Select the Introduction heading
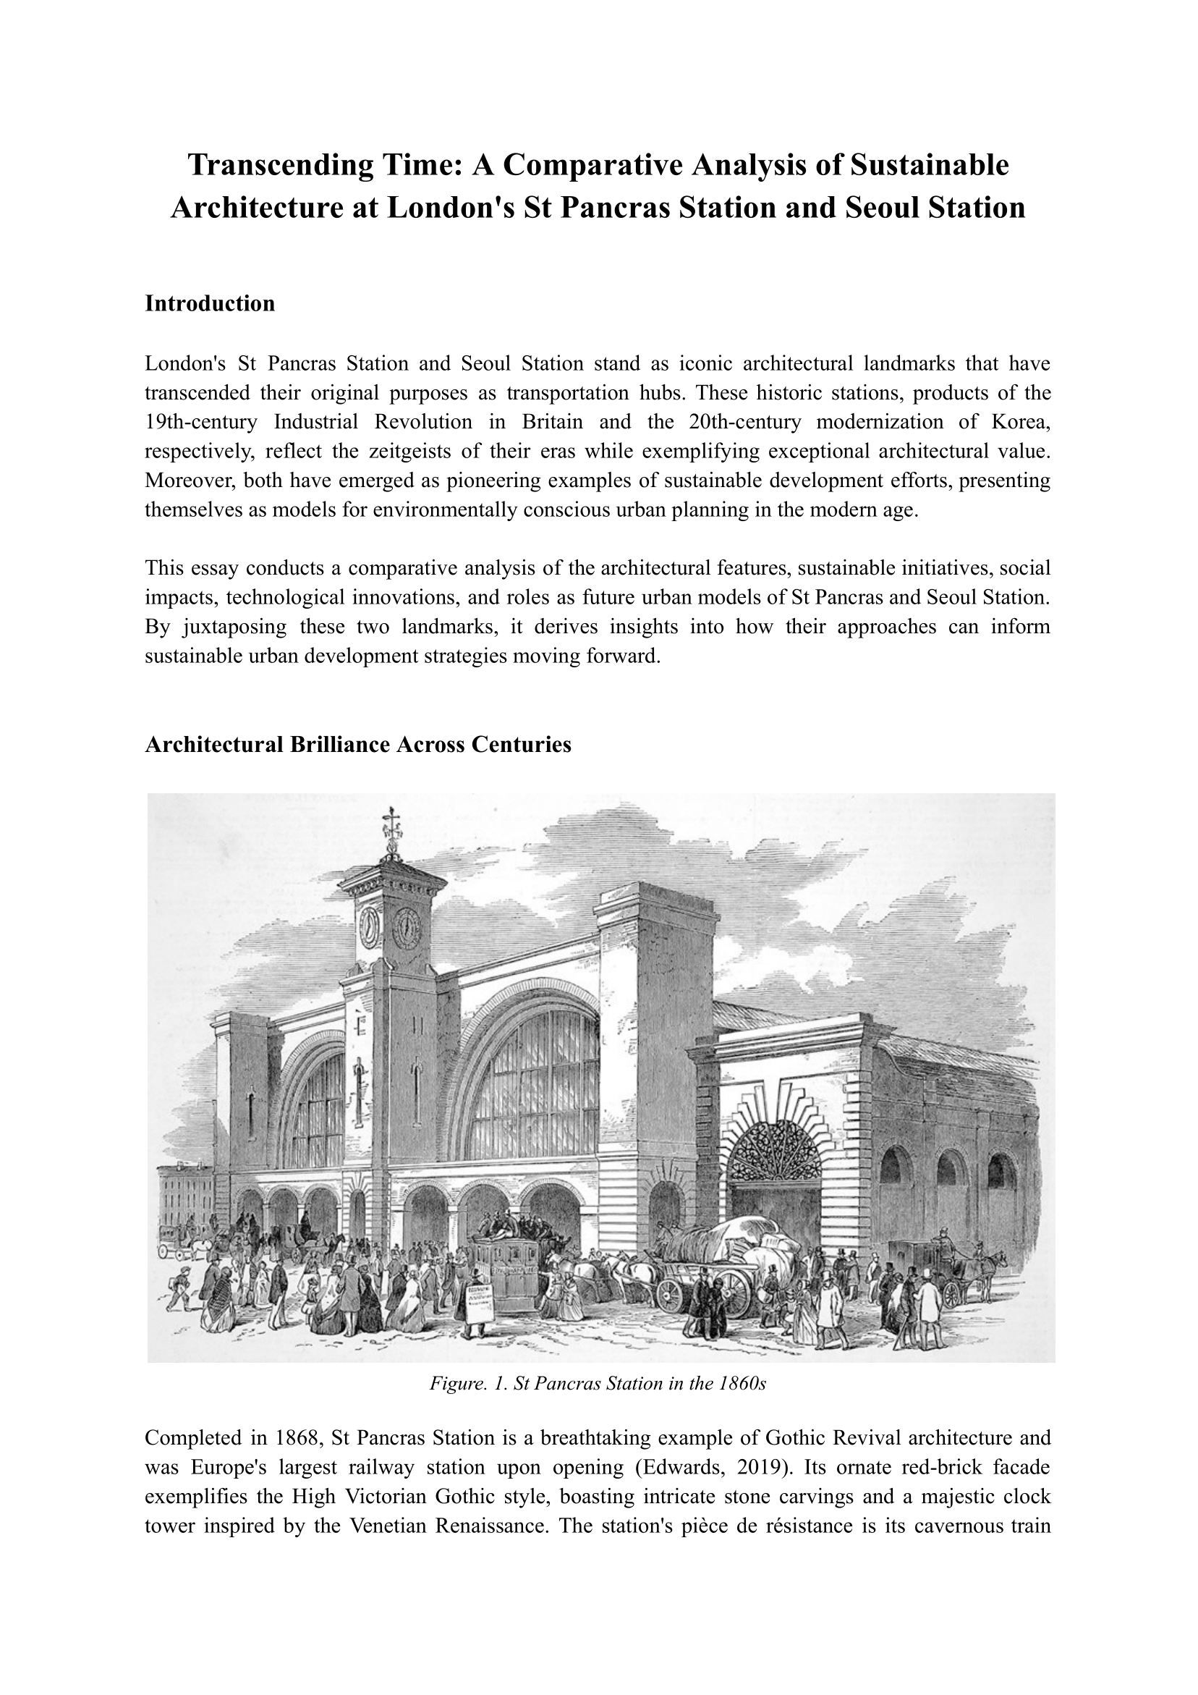click(x=210, y=303)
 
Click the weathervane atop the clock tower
click(x=391, y=832)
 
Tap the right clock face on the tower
click(x=406, y=924)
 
